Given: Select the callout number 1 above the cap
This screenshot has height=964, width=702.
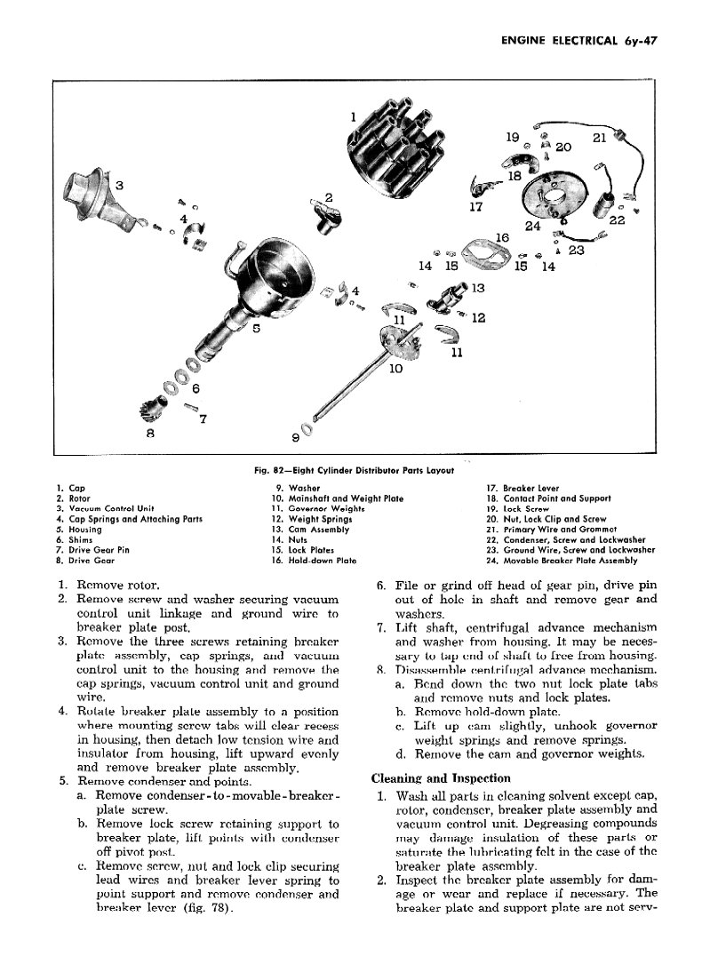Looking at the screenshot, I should pyautogui.click(x=353, y=116).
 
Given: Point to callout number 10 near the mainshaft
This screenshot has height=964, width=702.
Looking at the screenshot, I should pyautogui.click(x=395, y=368).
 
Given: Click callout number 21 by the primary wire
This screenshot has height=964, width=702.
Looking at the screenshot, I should pyautogui.click(x=599, y=138).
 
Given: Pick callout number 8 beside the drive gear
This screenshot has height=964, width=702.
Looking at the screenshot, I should pyautogui.click(x=152, y=433).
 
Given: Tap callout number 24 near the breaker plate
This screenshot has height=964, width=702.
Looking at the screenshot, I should pyautogui.click(x=533, y=226).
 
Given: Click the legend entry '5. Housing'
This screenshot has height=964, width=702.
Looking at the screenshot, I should pyautogui.click(x=78, y=530).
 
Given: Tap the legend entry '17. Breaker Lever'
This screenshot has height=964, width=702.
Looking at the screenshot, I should pyautogui.click(x=533, y=488).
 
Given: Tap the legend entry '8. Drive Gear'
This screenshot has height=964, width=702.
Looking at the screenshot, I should pyautogui.click(x=83, y=561).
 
